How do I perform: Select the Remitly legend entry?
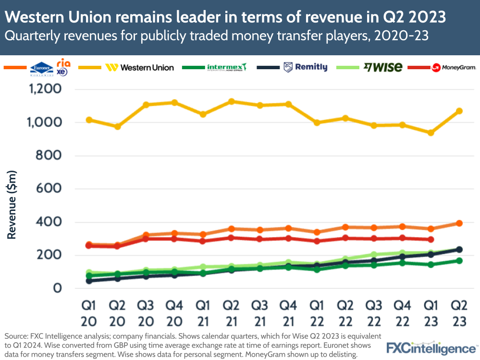[x=306, y=67]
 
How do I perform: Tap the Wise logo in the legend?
[x=383, y=67]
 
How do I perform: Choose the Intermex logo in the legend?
[x=227, y=67]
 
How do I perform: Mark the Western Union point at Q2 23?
[x=459, y=111]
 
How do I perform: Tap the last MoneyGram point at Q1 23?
[x=431, y=239]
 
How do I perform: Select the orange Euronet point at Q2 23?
[x=459, y=223]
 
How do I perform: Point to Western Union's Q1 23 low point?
[x=431, y=133]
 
